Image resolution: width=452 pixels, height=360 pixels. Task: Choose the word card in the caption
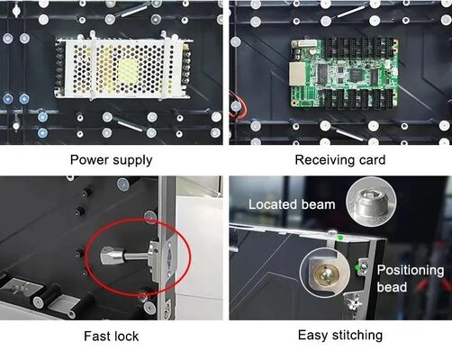[370, 160]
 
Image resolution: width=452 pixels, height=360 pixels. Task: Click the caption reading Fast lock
[111, 336]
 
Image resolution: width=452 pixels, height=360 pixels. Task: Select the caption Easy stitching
[339, 336]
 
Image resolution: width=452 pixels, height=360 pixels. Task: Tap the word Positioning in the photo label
[410, 270]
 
